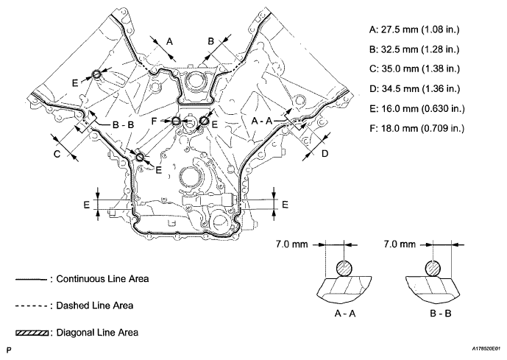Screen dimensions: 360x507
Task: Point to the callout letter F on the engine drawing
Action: (x=165, y=120)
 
